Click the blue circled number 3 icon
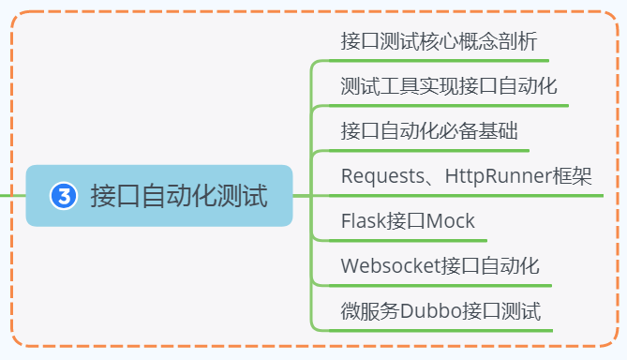pyautogui.click(x=64, y=196)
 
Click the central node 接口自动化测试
pyautogui.click(x=159, y=196)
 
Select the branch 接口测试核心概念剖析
pyautogui.click(x=439, y=41)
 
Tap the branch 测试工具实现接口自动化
pyautogui.click(x=449, y=86)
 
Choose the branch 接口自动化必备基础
pyautogui.click(x=429, y=131)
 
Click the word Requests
pyautogui.click(x=382, y=176)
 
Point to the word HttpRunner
pyautogui.click(x=499, y=176)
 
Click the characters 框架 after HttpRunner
pyautogui.click(x=572, y=176)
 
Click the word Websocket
pyautogui.click(x=390, y=265)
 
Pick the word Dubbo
pyautogui.click(x=431, y=311)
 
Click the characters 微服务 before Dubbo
pyautogui.click(x=370, y=311)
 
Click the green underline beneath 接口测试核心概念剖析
pyautogui.click(x=439, y=61)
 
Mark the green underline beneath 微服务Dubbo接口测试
pyautogui.click(x=440, y=331)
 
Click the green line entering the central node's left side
pyautogui.click(x=13, y=196)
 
